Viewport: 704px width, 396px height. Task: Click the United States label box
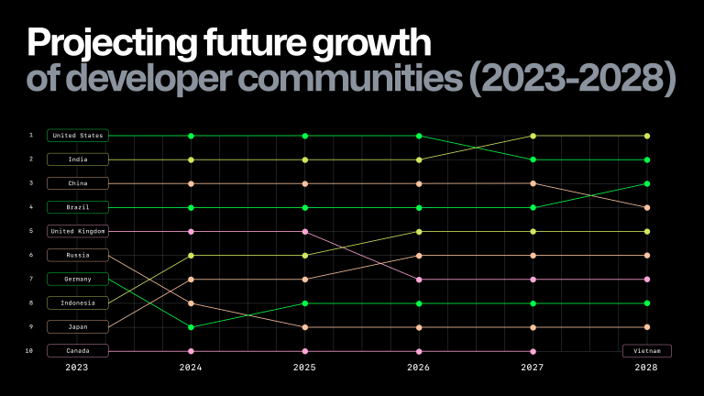(78, 136)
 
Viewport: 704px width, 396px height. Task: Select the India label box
(78, 159)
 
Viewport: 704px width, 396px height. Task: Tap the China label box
(78, 183)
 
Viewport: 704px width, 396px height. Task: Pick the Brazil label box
(78, 207)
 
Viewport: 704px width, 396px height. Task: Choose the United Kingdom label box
(78, 231)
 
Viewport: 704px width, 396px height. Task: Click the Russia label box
(78, 255)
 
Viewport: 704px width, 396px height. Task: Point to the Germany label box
(78, 279)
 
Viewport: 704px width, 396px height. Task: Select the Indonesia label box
(78, 302)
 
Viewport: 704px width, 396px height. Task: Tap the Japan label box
(78, 326)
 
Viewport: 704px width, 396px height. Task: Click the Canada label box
(78, 350)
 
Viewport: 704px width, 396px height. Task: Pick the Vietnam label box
(647, 350)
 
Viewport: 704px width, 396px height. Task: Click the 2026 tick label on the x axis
(419, 368)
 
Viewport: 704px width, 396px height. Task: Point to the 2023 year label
(77, 368)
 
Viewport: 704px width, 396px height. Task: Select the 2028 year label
(647, 368)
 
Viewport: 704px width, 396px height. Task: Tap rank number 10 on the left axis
(30, 350)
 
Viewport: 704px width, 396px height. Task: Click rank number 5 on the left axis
(30, 231)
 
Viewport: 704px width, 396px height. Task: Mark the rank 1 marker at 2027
(533, 136)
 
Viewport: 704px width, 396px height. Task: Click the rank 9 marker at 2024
(191, 326)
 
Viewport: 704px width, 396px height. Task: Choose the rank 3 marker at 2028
(647, 183)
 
